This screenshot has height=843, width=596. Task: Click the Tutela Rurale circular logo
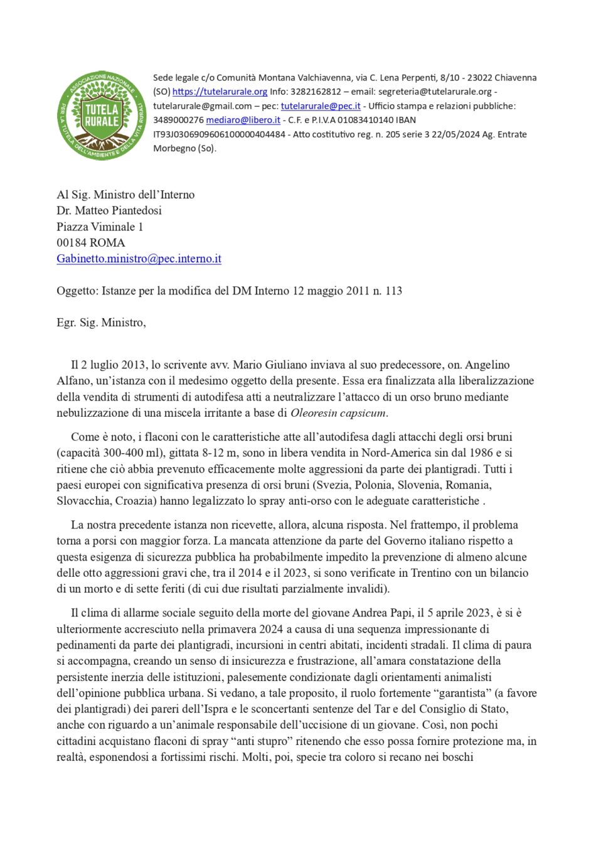[x=101, y=115]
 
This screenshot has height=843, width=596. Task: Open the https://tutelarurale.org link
[x=220, y=92]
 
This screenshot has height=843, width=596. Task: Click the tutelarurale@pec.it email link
[x=321, y=106]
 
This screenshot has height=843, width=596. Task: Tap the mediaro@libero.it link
[x=243, y=120]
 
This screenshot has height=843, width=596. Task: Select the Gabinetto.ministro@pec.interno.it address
[x=139, y=259]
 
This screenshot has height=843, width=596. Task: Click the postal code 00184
[x=72, y=242]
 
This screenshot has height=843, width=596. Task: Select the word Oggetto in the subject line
[x=77, y=291]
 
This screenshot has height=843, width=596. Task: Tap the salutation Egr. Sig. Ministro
[x=101, y=323]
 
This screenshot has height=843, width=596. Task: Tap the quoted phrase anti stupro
[x=262, y=741]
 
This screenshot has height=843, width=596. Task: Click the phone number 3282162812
[x=316, y=92]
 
